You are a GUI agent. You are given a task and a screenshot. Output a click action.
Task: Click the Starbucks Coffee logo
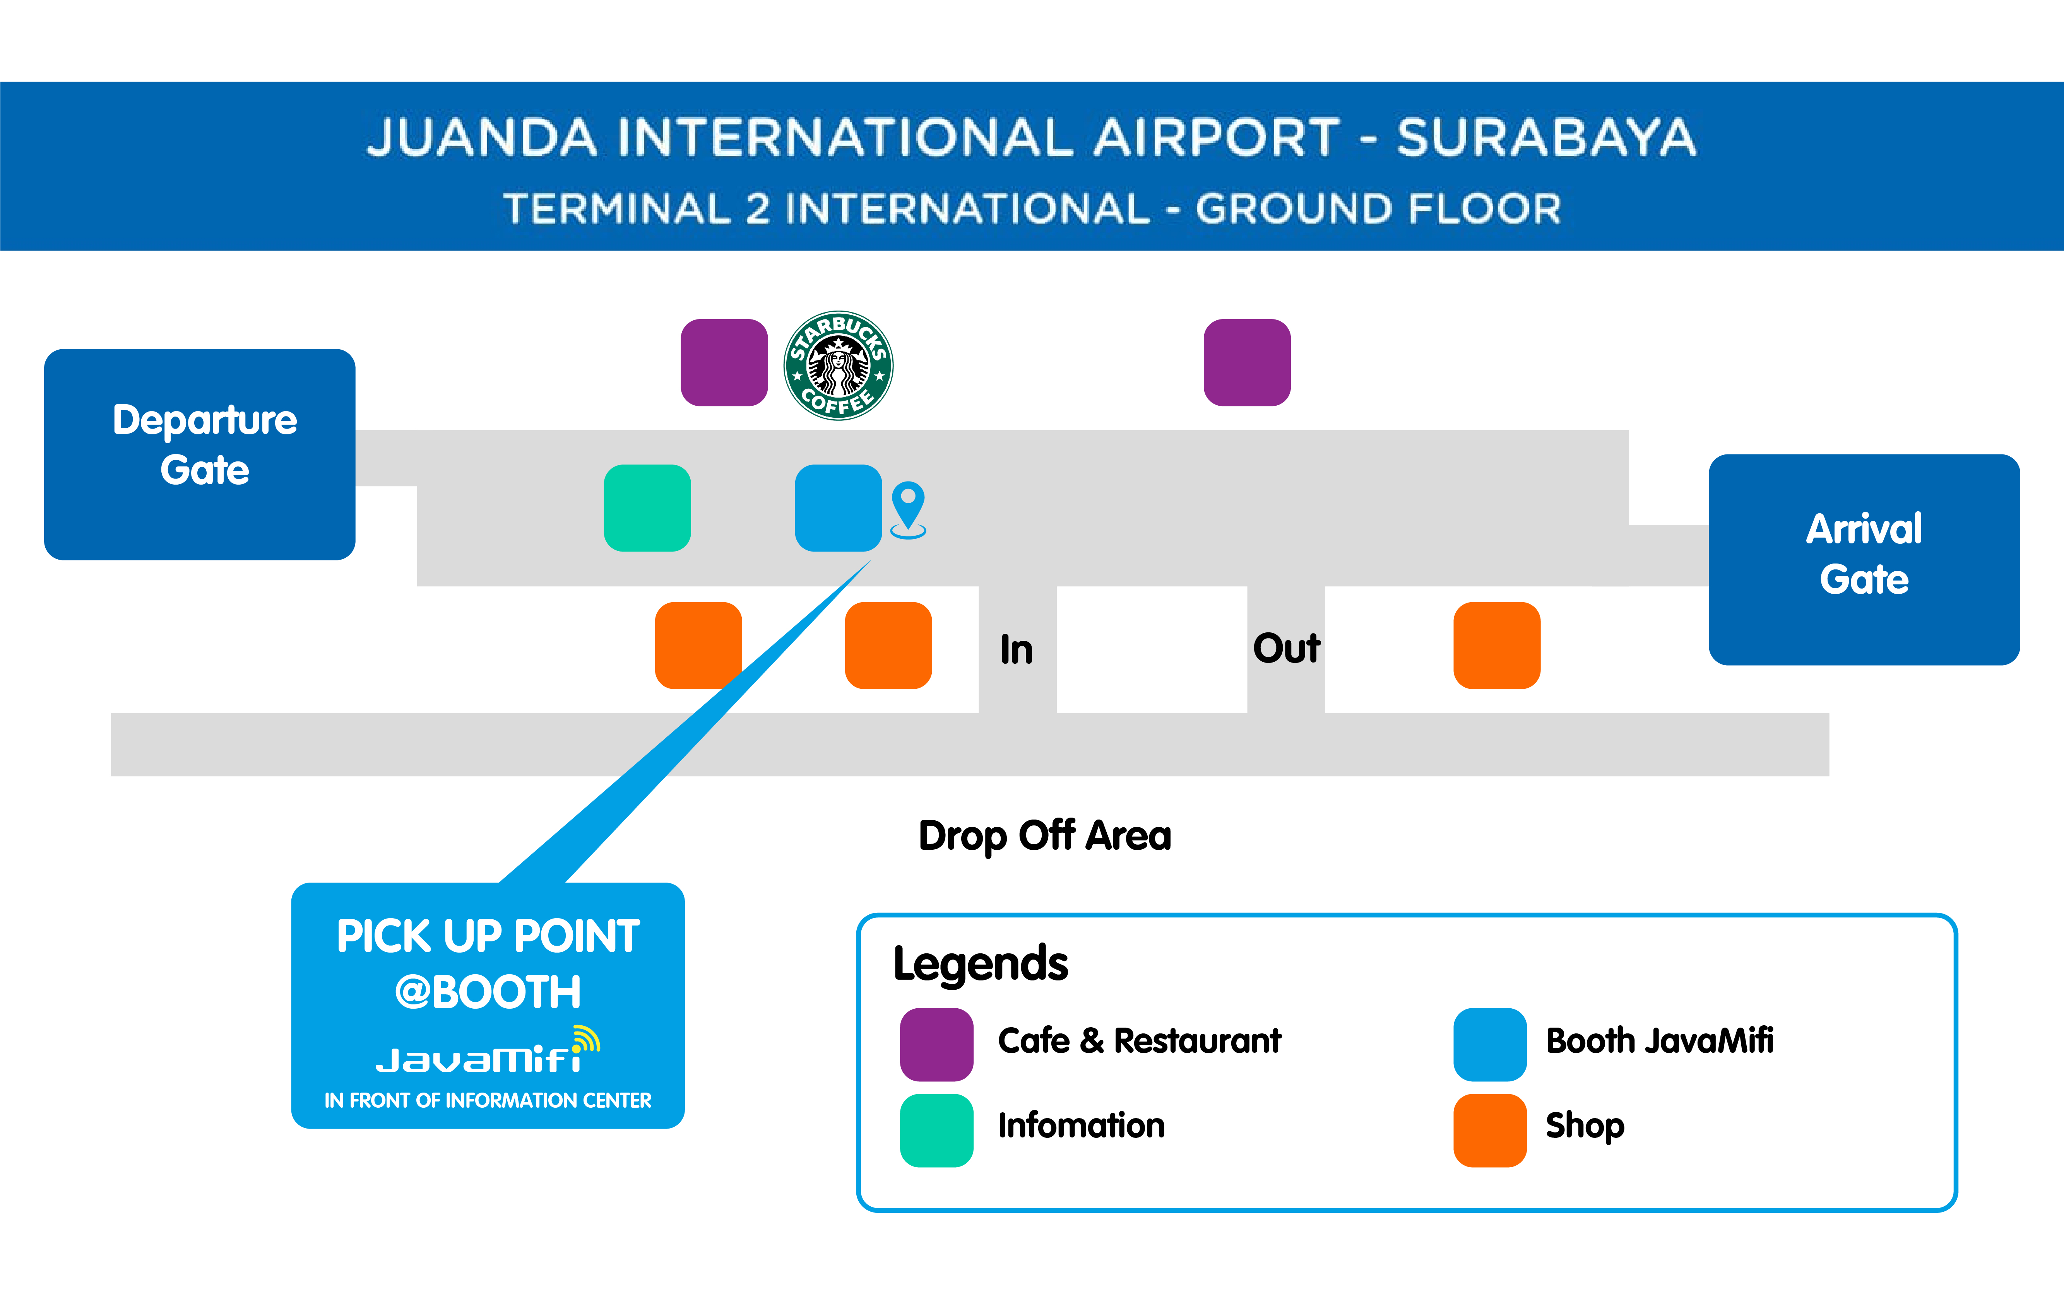point(838,365)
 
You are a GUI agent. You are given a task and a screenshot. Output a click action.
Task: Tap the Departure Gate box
point(200,454)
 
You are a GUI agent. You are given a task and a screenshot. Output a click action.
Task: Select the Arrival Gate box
point(1864,559)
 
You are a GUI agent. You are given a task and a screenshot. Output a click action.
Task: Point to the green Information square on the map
point(647,508)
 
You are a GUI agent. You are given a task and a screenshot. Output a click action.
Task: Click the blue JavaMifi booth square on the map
point(838,508)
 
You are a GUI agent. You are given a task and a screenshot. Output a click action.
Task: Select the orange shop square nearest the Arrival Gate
point(1497,645)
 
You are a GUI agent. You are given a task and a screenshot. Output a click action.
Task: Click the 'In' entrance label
point(1017,650)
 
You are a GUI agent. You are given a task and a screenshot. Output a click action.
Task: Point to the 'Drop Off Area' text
point(1045,836)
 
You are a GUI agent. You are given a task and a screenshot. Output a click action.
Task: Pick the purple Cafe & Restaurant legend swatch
point(936,1044)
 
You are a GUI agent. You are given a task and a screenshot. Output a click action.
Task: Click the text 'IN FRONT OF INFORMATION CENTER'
point(488,1101)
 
